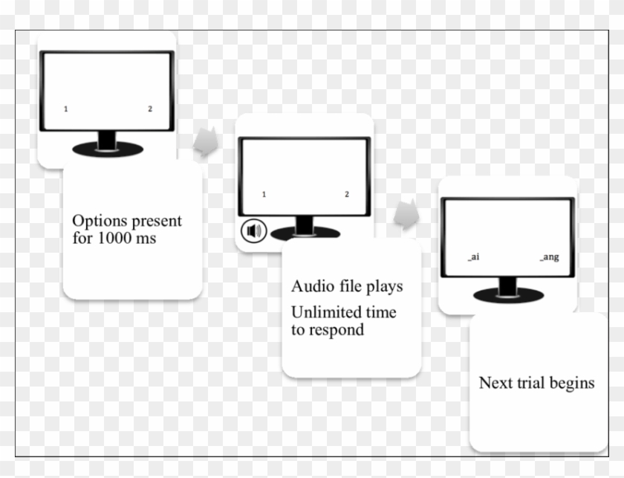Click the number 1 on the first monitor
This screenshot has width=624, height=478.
[66, 109]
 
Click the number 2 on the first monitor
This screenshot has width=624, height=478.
[149, 109]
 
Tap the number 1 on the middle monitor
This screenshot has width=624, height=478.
[264, 195]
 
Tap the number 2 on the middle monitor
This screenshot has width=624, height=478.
[346, 195]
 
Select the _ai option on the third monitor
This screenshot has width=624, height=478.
[473, 257]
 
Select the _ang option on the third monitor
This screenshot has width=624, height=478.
[549, 257]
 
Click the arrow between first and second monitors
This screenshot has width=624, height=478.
[207, 142]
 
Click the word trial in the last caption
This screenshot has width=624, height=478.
[530, 383]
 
